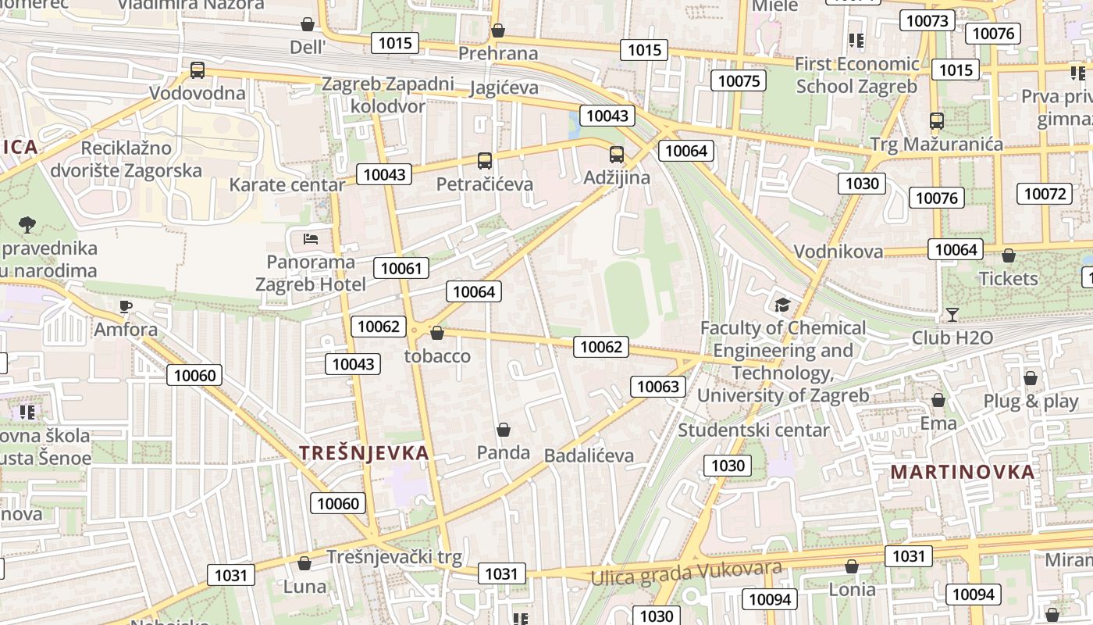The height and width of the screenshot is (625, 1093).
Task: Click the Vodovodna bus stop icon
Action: [x=198, y=70]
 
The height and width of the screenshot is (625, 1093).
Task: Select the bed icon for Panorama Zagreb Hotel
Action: [x=311, y=238]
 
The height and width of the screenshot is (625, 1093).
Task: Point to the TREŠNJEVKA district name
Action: [x=365, y=453]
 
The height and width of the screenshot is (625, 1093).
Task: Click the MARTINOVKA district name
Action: [x=963, y=472]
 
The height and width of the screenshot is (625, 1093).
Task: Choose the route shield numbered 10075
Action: [x=739, y=80]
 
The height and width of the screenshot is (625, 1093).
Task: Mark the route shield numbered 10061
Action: [x=401, y=269]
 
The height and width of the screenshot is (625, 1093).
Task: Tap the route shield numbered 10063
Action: [x=658, y=386]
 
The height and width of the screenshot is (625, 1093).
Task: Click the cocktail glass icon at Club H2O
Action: [x=952, y=315]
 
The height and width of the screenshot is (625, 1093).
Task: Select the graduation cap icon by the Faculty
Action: [x=782, y=305]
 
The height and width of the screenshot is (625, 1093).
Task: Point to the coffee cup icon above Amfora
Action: [x=126, y=306]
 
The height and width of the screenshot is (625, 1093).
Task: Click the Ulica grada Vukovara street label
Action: [x=686, y=573]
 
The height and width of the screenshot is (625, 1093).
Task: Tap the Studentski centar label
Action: [x=753, y=430]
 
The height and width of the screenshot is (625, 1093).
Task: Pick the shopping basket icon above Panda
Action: [x=504, y=430]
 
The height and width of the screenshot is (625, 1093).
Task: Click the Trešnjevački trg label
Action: [x=394, y=557]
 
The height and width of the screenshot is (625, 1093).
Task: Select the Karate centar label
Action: [x=287, y=185]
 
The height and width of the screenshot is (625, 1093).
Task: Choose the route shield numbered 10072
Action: [x=1045, y=194]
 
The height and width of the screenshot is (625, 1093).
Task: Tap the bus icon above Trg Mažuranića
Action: [x=937, y=121]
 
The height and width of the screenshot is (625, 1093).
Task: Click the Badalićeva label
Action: [x=589, y=455]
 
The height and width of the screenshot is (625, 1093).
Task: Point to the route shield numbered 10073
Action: [x=927, y=20]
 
